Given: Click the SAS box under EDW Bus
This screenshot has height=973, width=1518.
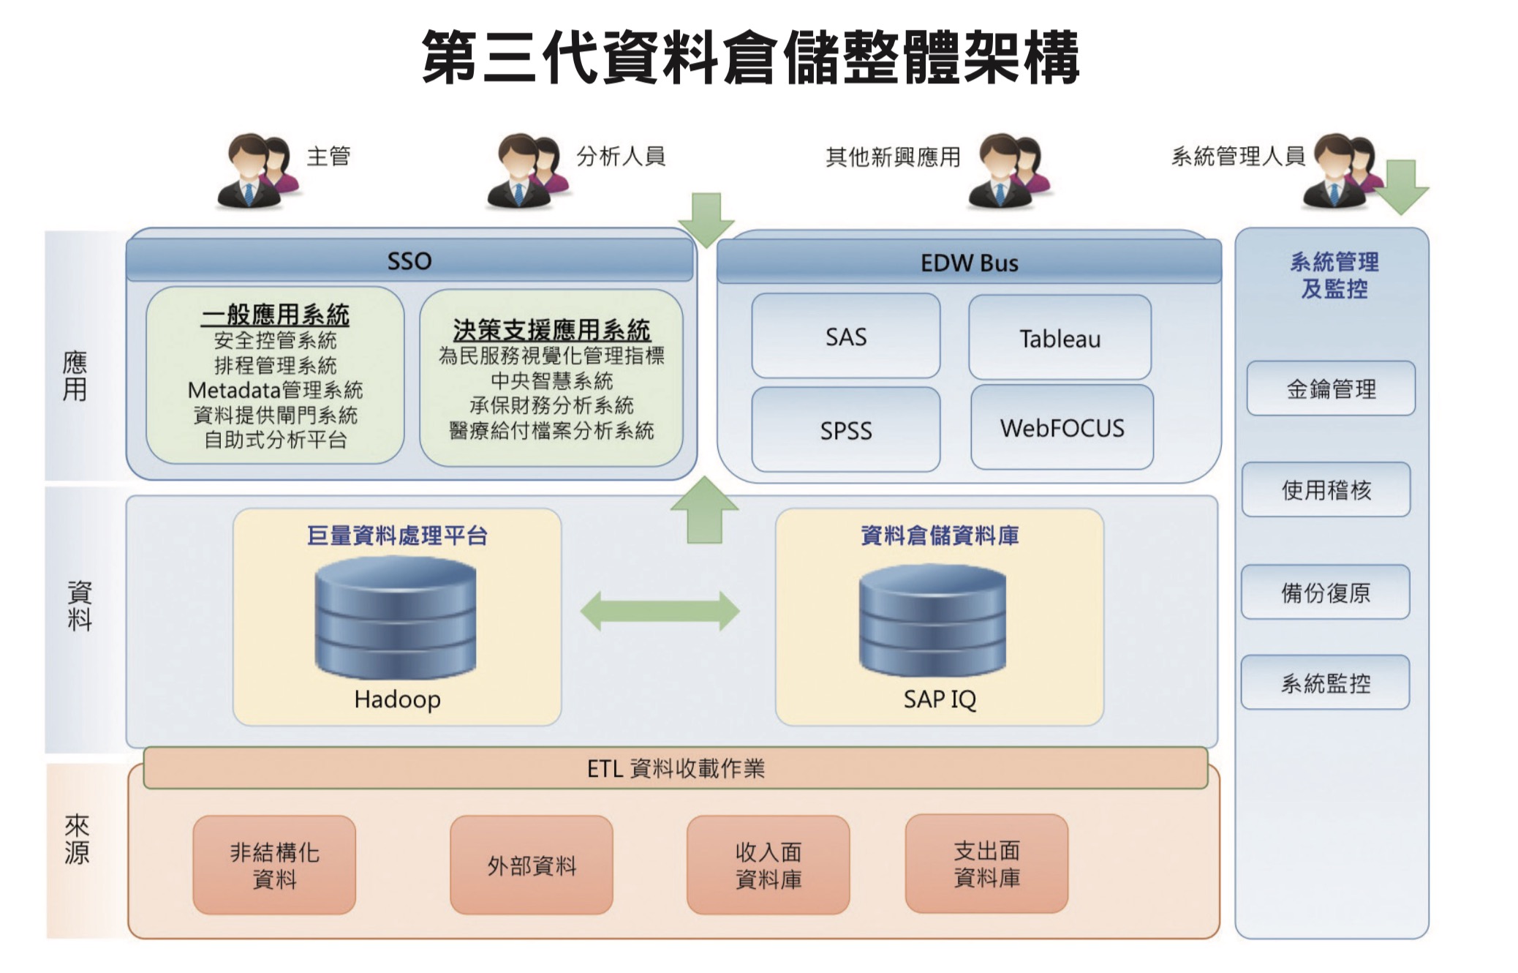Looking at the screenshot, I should point(845,336).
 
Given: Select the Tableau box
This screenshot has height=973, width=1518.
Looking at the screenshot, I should point(1060,337).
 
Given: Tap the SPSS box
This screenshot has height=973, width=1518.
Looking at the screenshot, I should point(845,429).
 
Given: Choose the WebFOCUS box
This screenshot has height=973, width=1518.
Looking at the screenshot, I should point(1062,427).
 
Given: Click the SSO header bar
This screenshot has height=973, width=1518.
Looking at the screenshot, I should point(409,260).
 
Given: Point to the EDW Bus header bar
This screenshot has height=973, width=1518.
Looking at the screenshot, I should point(969,263).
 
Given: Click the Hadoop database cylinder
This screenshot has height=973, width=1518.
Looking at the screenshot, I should point(396,617).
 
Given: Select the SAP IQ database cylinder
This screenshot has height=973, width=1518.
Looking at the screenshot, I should point(932,620).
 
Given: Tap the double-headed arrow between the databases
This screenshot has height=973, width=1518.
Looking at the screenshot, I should point(660,611).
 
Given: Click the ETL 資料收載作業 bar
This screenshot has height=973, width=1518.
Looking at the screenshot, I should point(675,768).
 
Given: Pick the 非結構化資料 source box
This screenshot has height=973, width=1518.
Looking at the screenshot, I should point(274,865).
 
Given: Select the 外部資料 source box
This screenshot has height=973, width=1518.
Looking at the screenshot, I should point(532,865).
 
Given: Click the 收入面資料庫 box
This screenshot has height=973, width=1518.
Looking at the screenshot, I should point(768,865).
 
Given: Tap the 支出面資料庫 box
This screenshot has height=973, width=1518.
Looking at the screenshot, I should point(986,864).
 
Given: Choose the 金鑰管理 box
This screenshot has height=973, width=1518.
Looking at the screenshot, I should point(1331,388).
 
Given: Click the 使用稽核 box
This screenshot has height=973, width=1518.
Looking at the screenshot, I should point(1326,489).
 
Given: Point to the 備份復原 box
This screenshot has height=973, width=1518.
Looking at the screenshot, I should point(1325,592).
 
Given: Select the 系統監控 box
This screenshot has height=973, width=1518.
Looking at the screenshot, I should point(1325,683).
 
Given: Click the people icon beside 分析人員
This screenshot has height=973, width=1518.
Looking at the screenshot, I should point(526,172).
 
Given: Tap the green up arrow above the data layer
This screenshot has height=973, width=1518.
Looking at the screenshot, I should point(704,511).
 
